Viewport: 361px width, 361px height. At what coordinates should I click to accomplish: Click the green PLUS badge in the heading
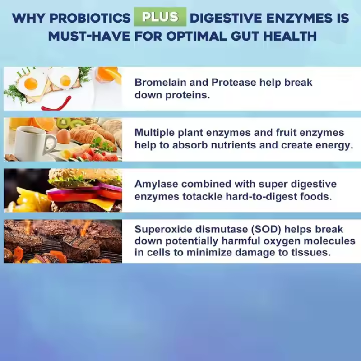click(x=160, y=17)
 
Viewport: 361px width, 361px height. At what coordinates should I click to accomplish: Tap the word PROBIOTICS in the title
click(x=90, y=18)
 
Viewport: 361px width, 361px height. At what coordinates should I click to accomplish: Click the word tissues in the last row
click(x=314, y=253)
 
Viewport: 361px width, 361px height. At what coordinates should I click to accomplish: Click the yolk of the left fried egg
click(x=31, y=83)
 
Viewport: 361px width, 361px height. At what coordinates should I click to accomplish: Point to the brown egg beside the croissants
click(x=63, y=136)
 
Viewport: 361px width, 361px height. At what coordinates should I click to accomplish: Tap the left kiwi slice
click(x=63, y=123)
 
